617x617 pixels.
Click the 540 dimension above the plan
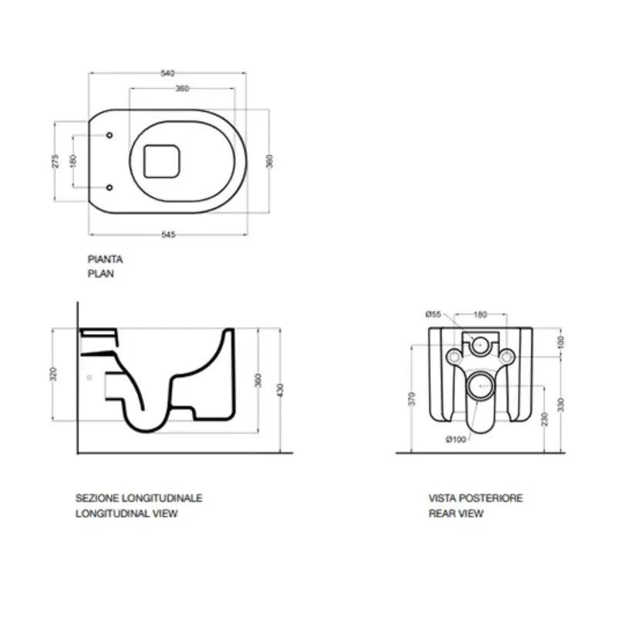167,73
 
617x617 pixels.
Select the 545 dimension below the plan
168,234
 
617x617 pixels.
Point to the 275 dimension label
55,161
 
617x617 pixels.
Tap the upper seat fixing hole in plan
110,136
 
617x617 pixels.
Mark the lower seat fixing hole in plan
110,187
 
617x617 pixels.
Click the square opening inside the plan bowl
162,161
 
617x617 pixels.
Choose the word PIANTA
105,259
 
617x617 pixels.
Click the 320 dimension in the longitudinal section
53,374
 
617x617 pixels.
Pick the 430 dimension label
280,390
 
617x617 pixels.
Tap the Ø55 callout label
433,314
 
